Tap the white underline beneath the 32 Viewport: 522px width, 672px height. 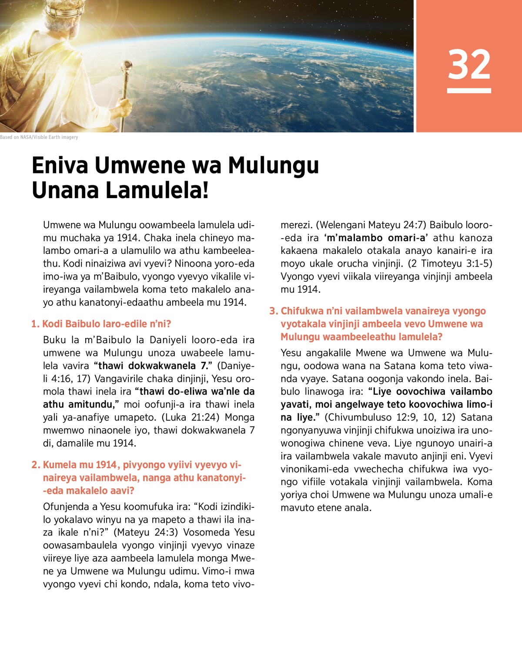pos(469,91)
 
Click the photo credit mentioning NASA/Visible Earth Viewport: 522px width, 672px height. pos(39,137)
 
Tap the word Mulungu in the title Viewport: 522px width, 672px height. pos(274,165)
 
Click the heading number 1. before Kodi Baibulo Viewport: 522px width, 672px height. pos(35,324)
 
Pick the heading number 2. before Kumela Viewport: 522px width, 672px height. pos(36,465)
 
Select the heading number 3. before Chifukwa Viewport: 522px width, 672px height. pos(273,311)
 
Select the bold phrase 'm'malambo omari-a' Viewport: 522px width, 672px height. pos(376,238)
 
